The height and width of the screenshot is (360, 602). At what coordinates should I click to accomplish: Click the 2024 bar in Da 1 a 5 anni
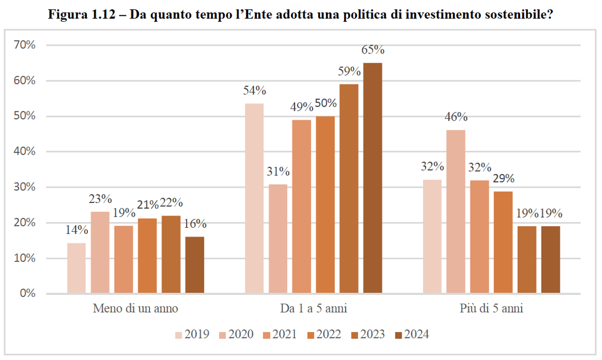pyautogui.click(x=372, y=178)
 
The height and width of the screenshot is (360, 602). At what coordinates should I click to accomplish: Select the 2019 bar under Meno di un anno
pyautogui.click(x=76, y=268)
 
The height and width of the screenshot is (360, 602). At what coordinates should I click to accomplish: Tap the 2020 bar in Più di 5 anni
pyautogui.click(x=456, y=212)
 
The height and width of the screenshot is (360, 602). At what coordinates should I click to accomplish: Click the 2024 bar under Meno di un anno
pyautogui.click(x=195, y=265)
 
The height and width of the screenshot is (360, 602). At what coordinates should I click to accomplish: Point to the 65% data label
pyautogui.click(x=373, y=50)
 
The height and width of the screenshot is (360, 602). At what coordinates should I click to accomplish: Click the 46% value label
pyautogui.click(x=456, y=117)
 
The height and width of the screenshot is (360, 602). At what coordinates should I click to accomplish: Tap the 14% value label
pyautogui.click(x=76, y=230)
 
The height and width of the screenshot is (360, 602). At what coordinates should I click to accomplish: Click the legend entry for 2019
pyautogui.click(x=192, y=335)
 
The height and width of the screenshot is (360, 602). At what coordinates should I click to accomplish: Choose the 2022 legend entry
pyautogui.click(x=324, y=335)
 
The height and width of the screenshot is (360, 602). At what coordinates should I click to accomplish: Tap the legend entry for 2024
pyautogui.click(x=412, y=335)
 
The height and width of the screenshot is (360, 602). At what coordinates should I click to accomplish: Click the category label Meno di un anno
pyautogui.click(x=135, y=309)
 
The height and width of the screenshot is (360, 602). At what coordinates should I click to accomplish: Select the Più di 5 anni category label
pyautogui.click(x=491, y=309)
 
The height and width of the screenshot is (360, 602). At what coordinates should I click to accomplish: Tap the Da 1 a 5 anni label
pyautogui.click(x=313, y=309)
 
